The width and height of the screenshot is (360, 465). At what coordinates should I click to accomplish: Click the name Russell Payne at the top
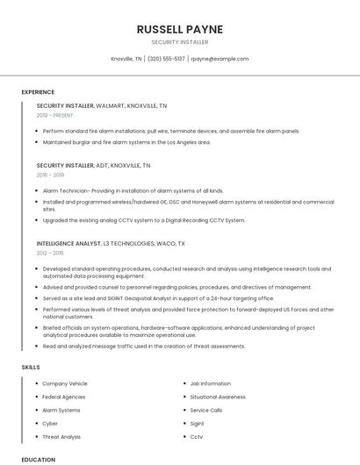tap(179, 29)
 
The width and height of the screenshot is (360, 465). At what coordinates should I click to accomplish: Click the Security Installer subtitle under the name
tap(179, 41)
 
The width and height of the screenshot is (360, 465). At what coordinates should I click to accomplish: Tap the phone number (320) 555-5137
tap(166, 59)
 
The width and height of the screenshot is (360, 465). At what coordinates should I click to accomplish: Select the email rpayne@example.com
tap(220, 59)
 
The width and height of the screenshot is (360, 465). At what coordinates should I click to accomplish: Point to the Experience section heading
tap(38, 92)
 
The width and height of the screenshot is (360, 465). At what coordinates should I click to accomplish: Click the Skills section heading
tap(30, 367)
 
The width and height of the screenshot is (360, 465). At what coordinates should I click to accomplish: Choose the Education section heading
tap(38, 459)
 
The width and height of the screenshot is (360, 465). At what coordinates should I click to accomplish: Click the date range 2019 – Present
tap(54, 115)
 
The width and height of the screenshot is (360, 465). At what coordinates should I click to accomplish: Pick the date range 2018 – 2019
tap(50, 175)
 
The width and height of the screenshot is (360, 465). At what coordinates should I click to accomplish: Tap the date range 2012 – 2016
tap(50, 252)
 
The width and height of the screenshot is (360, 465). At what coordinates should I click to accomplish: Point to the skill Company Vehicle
tap(65, 383)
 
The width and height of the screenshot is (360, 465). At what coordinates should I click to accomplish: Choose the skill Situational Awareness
tap(218, 397)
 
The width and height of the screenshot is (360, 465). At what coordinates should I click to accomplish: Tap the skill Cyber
tap(50, 423)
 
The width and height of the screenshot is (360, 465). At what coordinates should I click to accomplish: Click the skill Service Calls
tap(206, 410)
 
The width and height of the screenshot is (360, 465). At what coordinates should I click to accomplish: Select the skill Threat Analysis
tap(61, 436)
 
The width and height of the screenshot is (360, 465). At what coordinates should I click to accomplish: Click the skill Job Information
tap(211, 383)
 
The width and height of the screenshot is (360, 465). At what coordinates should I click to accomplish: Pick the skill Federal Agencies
tap(63, 397)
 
